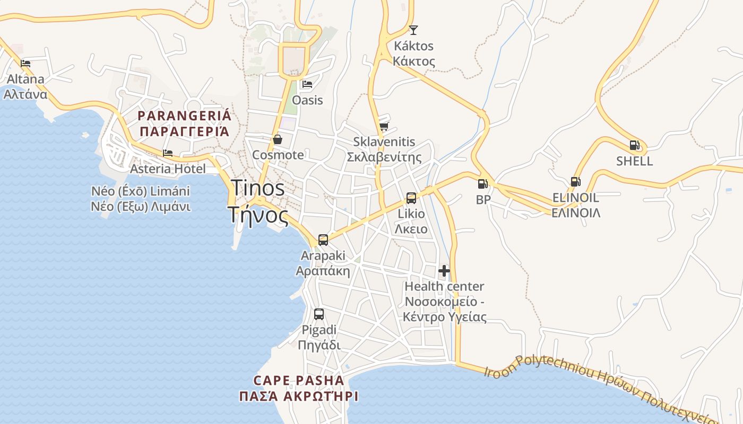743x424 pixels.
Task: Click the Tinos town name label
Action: click(x=258, y=202)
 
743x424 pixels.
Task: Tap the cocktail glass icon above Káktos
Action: click(x=413, y=30)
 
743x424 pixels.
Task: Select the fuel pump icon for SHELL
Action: click(x=634, y=145)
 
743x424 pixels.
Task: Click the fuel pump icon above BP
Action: click(x=482, y=184)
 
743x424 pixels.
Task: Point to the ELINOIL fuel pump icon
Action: click(x=575, y=182)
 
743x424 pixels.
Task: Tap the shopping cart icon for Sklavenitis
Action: click(x=384, y=126)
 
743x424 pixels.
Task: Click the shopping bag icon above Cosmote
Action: click(x=277, y=139)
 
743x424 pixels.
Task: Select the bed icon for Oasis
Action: click(x=307, y=84)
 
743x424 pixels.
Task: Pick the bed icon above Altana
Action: click(x=25, y=63)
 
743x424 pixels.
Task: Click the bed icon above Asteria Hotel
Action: click(x=168, y=153)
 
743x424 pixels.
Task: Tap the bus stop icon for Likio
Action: click(x=411, y=198)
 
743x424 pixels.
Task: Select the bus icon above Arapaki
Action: click(x=323, y=240)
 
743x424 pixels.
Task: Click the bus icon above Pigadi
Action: click(x=318, y=314)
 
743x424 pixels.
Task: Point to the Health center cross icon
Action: click(x=444, y=271)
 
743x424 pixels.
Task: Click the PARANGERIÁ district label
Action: click(x=184, y=123)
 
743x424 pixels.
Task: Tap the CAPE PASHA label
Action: click(x=298, y=388)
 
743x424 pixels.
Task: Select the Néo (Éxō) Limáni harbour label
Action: click(x=141, y=199)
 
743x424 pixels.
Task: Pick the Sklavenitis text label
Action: click(x=384, y=149)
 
